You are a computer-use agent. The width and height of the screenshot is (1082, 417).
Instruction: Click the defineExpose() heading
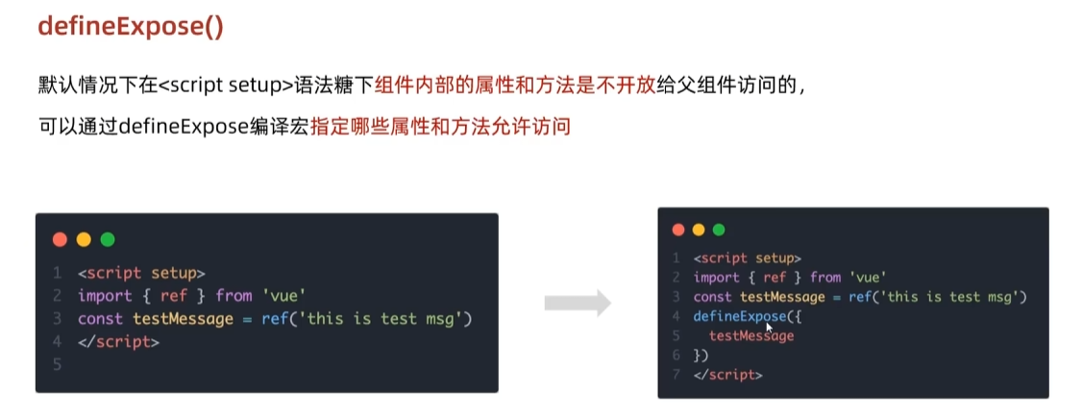click(131, 26)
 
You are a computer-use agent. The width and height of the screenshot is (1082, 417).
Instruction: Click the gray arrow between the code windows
click(578, 304)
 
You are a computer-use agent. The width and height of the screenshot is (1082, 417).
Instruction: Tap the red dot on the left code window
click(60, 239)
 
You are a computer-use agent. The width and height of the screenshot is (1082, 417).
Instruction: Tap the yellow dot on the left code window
click(84, 239)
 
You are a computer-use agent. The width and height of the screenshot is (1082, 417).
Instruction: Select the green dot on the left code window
click(107, 239)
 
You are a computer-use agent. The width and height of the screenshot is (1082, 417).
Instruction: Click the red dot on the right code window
click(678, 230)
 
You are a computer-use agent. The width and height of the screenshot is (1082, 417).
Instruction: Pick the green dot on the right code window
click(719, 230)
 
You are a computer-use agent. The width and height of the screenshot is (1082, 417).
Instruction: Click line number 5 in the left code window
click(58, 364)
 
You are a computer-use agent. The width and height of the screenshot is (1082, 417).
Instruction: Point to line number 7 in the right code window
click(676, 374)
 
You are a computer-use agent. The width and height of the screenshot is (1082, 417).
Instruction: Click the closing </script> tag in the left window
click(118, 341)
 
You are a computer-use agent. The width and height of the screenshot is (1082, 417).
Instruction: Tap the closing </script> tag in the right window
click(727, 374)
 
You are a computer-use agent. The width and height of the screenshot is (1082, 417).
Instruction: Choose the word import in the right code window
click(716, 277)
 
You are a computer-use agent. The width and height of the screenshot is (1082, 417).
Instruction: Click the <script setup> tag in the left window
click(141, 272)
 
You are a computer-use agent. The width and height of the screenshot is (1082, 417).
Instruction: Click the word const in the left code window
click(101, 318)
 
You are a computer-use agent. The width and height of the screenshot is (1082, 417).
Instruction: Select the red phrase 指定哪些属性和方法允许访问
click(440, 126)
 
